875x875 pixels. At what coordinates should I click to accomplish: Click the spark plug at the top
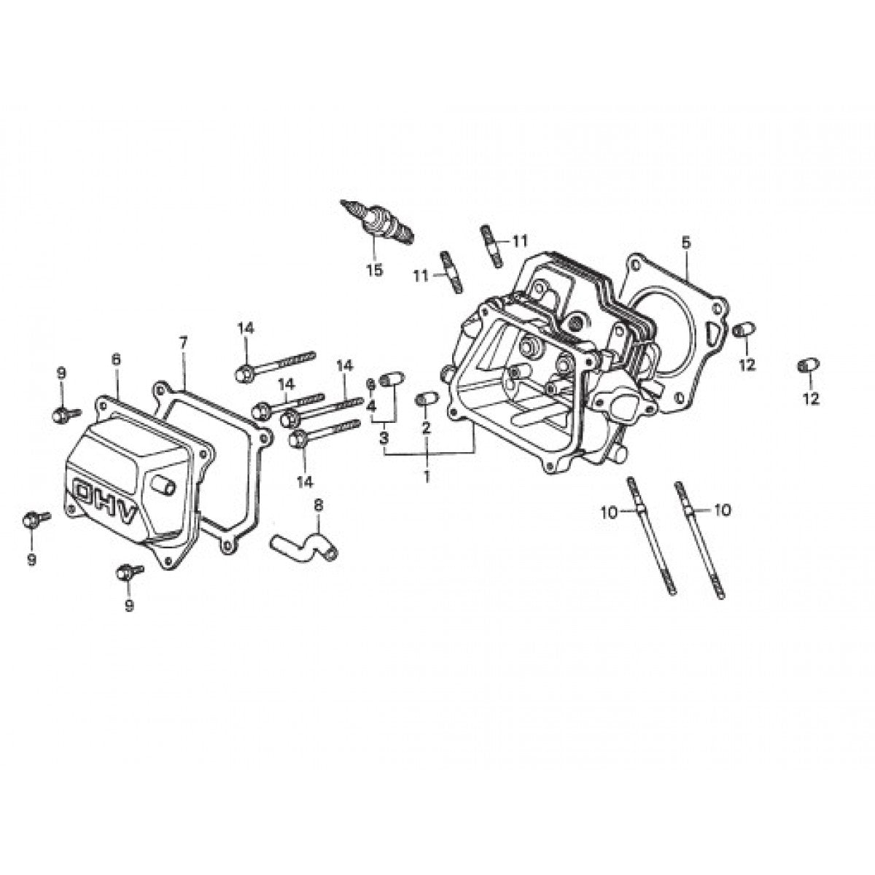coord(378,222)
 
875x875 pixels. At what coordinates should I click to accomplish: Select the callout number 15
coord(373,271)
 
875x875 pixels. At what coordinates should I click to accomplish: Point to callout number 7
coord(183,342)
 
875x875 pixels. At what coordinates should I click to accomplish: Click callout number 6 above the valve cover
coord(115,359)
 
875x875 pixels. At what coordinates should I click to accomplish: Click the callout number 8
coord(318,504)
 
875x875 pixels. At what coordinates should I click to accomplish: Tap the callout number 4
coord(371,405)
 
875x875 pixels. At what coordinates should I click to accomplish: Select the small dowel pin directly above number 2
coord(427,398)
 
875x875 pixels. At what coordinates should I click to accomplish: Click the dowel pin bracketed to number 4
coord(392,378)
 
